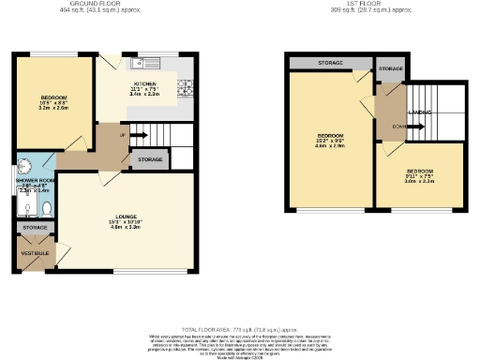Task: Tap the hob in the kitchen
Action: pyautogui.click(x=186, y=89)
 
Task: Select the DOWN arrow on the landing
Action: pyautogui.click(x=400, y=125)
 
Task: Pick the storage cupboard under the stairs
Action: pyautogui.click(x=150, y=161)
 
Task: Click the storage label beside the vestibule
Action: pyautogui.click(x=35, y=227)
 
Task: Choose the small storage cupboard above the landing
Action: pyautogui.click(x=390, y=69)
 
